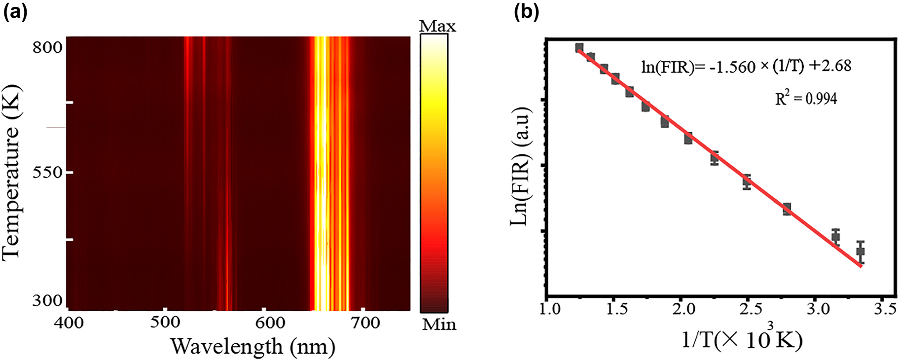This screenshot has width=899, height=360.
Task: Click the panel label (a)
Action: (15, 12)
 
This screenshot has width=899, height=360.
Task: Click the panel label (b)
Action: (527, 12)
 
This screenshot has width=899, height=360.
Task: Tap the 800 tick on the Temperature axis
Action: (47, 48)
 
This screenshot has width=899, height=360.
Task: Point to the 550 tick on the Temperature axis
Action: (47, 173)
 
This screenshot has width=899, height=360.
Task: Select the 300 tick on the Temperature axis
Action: (47, 300)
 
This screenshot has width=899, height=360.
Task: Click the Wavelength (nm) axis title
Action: (252, 347)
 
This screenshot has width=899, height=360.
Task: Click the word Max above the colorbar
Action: (437, 26)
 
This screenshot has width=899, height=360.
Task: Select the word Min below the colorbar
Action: (438, 324)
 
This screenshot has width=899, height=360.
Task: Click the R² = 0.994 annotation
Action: (806, 99)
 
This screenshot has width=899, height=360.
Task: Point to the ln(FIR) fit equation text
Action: (746, 66)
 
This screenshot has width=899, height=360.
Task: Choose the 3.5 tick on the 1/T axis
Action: (884, 310)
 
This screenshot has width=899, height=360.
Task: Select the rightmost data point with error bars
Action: (861, 252)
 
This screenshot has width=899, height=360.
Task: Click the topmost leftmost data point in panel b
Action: (579, 48)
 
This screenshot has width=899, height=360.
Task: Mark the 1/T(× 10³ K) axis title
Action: (742, 339)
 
